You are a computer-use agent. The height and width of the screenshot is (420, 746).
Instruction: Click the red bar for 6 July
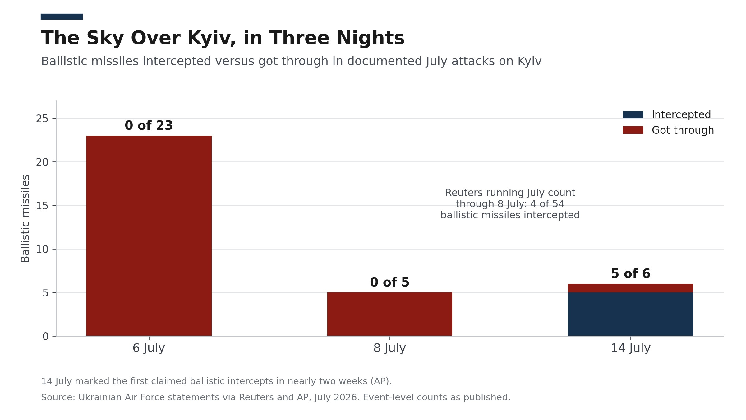tap(149, 236)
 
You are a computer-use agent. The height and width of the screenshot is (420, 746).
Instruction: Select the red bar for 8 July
tap(390, 314)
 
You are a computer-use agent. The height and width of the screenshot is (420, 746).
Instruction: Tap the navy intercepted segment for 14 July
tap(630, 314)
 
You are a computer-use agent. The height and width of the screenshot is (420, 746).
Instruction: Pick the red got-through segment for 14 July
tap(630, 288)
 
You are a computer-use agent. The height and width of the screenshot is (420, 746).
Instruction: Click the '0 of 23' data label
tap(149, 125)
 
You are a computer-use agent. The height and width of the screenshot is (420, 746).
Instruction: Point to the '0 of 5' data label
tap(389, 282)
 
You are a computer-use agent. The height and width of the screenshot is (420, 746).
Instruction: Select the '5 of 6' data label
tap(630, 273)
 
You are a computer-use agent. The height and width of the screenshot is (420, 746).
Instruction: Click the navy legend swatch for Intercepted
tap(633, 114)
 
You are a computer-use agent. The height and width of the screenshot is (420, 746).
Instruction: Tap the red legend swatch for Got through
tap(633, 130)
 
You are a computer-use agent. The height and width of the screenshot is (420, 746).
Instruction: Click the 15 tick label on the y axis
tap(42, 206)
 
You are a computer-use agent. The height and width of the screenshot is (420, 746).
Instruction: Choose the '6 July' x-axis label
tap(149, 348)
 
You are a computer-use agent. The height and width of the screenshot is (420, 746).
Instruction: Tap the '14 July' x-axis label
tap(630, 348)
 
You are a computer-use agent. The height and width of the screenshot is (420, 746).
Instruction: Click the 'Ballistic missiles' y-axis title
tap(25, 218)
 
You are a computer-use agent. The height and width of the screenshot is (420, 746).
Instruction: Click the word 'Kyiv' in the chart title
tap(211, 38)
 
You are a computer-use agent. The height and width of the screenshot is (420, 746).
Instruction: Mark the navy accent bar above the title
tap(62, 16)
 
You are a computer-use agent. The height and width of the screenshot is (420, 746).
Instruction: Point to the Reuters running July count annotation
tap(510, 204)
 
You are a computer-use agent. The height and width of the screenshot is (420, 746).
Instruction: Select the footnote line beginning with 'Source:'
tap(276, 397)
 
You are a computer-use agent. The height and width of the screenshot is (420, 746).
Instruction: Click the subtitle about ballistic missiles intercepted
tap(291, 61)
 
